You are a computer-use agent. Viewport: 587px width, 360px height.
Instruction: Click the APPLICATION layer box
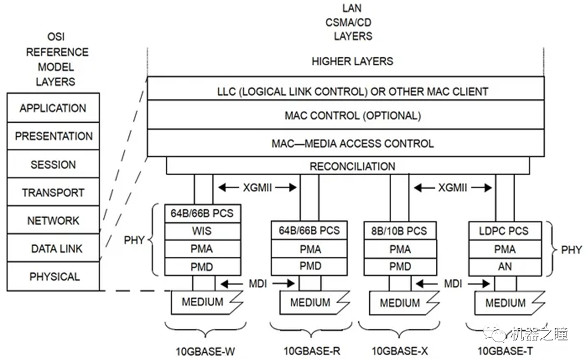[x=53, y=108]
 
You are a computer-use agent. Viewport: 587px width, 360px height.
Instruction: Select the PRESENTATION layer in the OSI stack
[x=53, y=136]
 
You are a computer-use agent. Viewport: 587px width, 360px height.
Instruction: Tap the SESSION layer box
[x=53, y=165]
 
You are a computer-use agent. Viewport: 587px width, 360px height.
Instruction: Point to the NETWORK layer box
[x=53, y=220]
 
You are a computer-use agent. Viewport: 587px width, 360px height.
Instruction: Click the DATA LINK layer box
[x=53, y=248]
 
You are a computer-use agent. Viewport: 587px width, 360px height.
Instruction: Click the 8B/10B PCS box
[x=399, y=231]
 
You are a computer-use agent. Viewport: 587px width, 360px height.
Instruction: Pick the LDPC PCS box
[x=504, y=231]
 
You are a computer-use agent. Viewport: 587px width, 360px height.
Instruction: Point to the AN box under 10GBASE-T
[x=504, y=266]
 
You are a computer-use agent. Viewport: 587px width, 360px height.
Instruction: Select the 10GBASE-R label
[x=311, y=351]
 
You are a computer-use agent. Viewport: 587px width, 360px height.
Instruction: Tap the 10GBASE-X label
[x=400, y=351]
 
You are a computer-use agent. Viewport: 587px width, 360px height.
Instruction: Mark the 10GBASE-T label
[x=505, y=351]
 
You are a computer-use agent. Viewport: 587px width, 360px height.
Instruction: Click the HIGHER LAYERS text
[x=352, y=61]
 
